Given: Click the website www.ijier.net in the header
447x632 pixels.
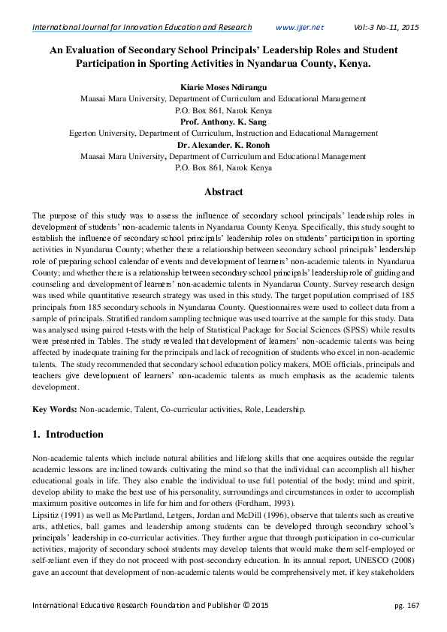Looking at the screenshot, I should pyautogui.click(x=299, y=28).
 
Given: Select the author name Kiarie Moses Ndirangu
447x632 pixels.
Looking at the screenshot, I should pyautogui.click(x=223, y=86).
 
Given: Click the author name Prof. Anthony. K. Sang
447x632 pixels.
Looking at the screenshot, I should pyautogui.click(x=223, y=122).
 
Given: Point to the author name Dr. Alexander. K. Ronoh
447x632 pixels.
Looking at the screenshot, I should pyautogui.click(x=223, y=146).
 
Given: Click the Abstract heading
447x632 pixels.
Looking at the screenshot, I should pyautogui.click(x=223, y=192).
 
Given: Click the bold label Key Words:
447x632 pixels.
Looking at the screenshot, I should pyautogui.click(x=54, y=411).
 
